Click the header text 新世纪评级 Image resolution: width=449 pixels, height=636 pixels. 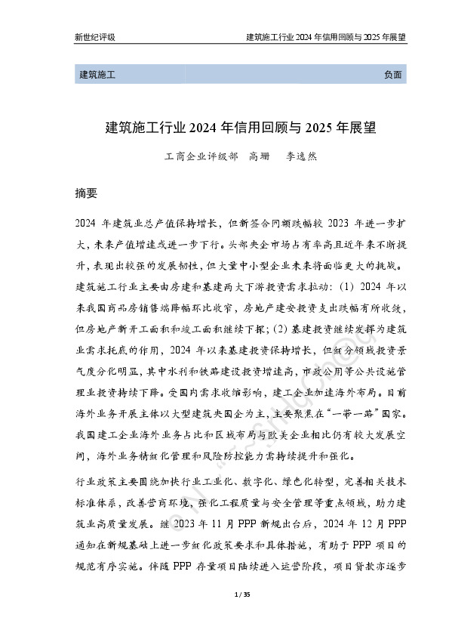click(95, 37)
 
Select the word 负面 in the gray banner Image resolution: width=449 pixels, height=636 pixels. click(393, 75)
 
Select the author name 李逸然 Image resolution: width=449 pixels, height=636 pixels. click(300, 159)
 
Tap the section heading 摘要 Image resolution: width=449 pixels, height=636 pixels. click(87, 193)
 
